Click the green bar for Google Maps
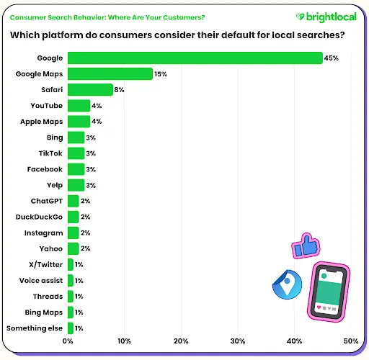point(110,74)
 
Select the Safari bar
point(90,90)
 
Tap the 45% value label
point(331,58)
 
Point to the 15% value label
point(161,74)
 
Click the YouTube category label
point(47,106)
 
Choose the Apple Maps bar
point(79,122)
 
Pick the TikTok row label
point(50,153)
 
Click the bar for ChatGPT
point(74,201)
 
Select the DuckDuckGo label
point(39,217)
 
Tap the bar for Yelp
point(76,185)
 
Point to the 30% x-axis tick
point(238,341)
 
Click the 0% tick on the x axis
point(68,341)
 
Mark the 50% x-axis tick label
point(351,341)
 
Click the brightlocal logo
point(326,17)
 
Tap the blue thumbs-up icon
point(306,246)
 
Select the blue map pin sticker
point(288,284)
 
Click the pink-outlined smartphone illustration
point(329,292)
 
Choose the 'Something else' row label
point(35,328)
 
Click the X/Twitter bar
point(71,264)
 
